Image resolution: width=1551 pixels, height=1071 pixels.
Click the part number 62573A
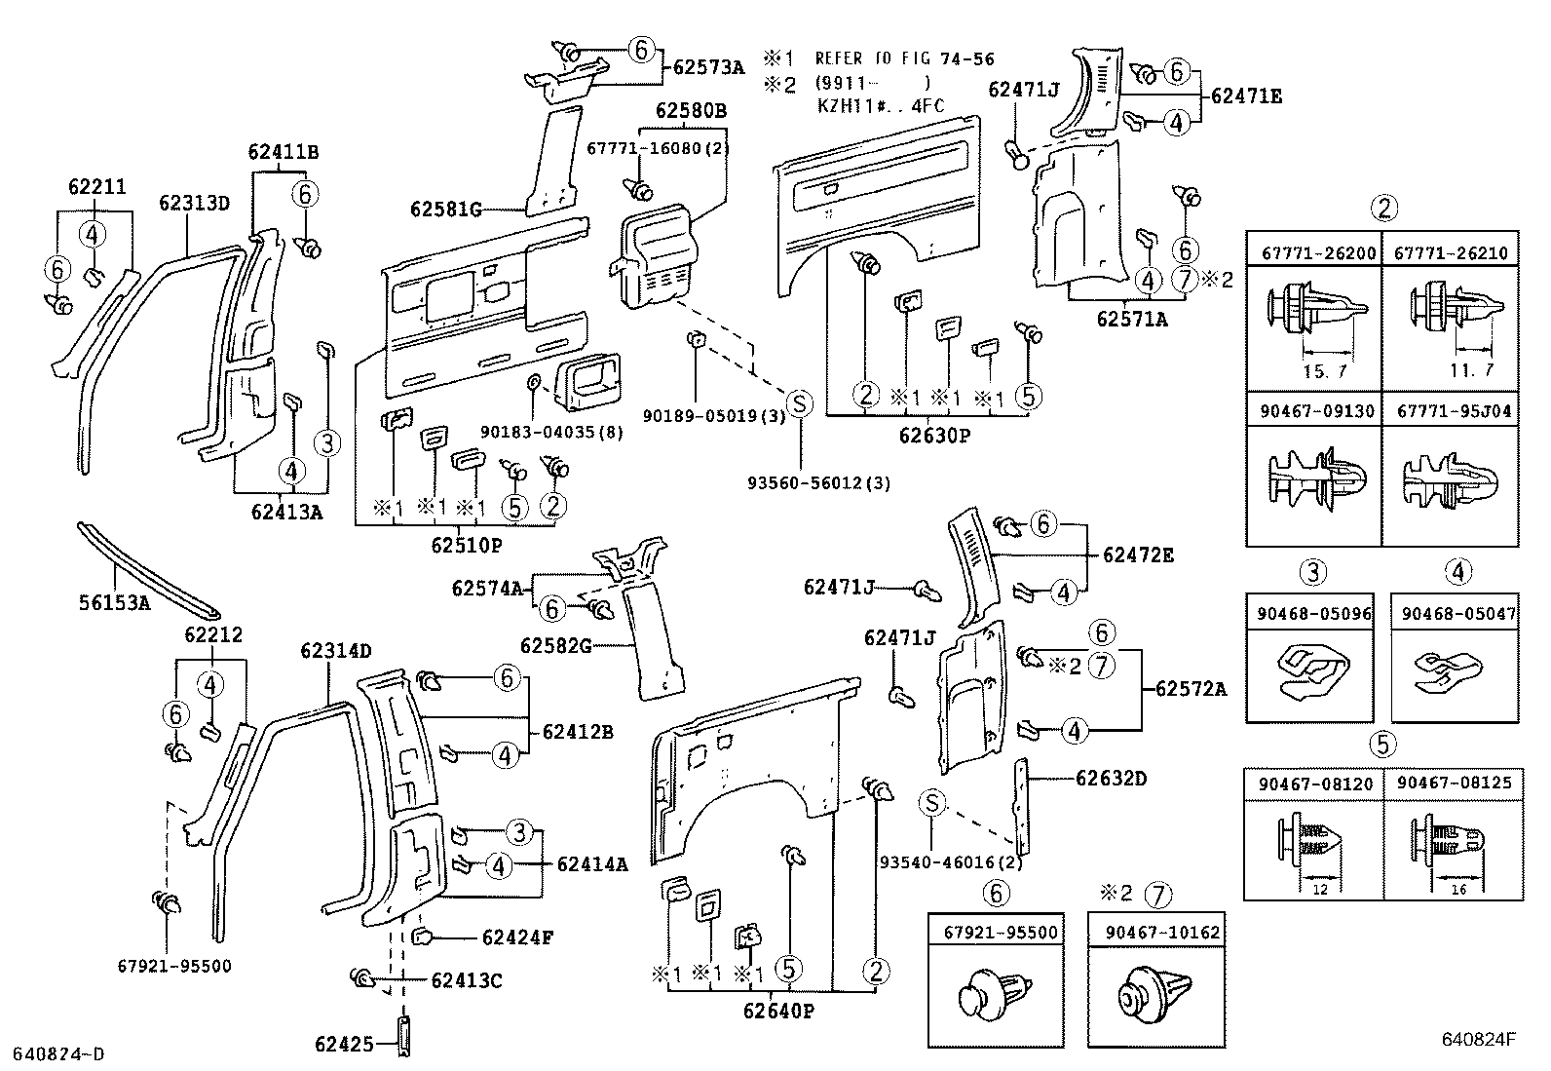(708, 67)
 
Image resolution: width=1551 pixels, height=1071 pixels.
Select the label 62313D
(194, 203)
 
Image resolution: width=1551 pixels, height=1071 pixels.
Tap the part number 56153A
(114, 603)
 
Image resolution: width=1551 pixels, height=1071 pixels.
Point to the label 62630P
(934, 436)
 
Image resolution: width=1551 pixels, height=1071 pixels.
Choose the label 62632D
(1111, 779)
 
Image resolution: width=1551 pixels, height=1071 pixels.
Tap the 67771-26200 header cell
(1312, 253)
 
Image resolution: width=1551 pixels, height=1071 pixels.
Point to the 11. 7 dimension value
(1470, 372)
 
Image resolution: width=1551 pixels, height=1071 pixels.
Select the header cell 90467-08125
(1453, 784)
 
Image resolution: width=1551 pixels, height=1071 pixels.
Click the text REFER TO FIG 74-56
(904, 59)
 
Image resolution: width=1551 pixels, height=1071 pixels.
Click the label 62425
(344, 1045)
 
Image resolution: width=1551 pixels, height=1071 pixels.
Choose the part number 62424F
(517, 937)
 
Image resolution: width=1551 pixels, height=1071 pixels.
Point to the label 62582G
(555, 645)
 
